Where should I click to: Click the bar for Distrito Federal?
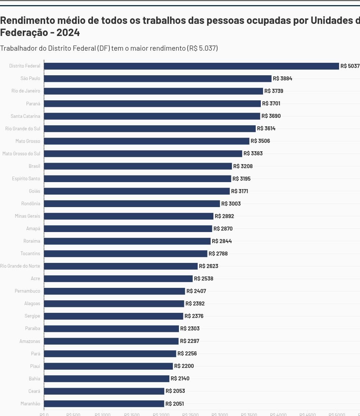click(191, 66)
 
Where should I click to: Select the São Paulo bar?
click(158, 79)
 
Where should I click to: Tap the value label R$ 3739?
click(274, 91)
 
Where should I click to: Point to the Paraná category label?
click(33, 104)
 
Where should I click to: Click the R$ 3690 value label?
click(271, 116)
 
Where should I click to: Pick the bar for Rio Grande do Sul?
click(150, 129)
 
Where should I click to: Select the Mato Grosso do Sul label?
click(21, 153)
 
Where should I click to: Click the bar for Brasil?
click(138, 166)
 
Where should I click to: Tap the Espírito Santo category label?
click(26, 179)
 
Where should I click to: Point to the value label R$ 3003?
click(231, 204)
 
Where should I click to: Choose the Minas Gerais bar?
click(129, 216)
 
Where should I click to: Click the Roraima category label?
click(32, 241)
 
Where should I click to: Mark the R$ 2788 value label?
click(218, 254)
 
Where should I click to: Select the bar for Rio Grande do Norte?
click(120, 266)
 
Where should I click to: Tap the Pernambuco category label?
click(28, 291)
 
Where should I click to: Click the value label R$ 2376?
click(194, 316)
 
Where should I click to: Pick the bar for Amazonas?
click(111, 341)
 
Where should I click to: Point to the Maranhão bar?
click(104, 404)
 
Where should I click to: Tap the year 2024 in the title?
click(68, 32)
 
